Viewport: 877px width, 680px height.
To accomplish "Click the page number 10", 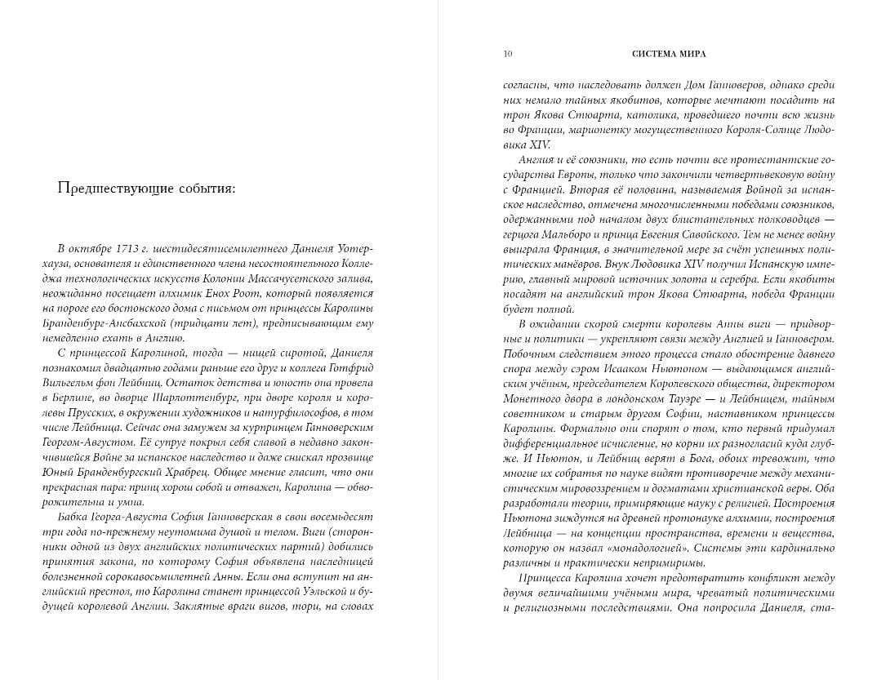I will [508, 54].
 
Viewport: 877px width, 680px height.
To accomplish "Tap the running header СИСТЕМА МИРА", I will [669, 54].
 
